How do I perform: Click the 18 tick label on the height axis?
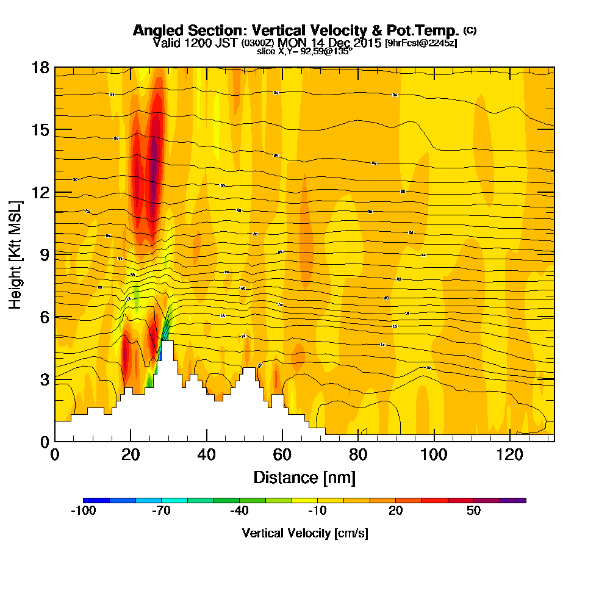pos(41,67)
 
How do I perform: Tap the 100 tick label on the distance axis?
pos(434,454)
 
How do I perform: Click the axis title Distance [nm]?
pos(304,477)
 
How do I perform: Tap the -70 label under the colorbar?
pos(162,511)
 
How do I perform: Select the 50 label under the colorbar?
pos(474,511)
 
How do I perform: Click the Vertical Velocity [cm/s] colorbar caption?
pos(305,533)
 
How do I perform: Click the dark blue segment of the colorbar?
pos(96,500)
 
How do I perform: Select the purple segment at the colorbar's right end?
pos(512,500)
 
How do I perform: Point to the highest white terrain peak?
pos(167,343)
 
